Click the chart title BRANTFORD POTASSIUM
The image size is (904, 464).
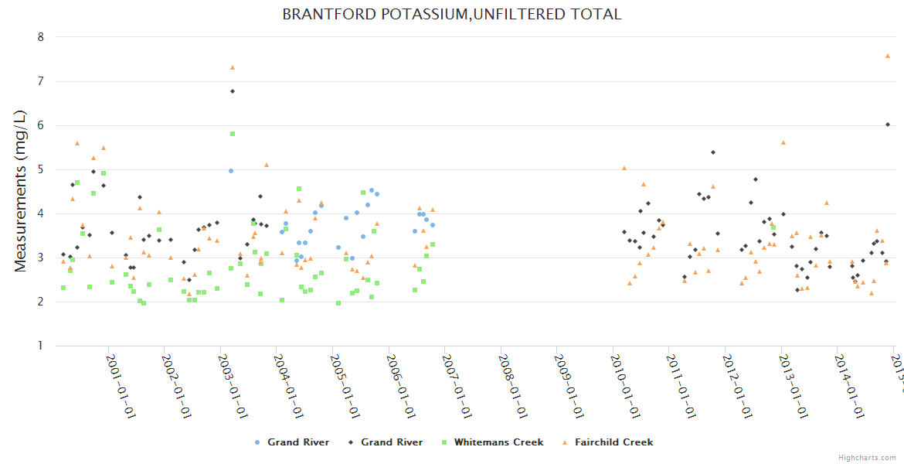pyautogui.click(x=451, y=14)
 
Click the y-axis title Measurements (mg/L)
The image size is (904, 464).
pyautogui.click(x=21, y=192)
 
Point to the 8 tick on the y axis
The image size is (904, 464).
pyautogui.click(x=41, y=37)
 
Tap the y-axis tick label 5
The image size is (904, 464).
pyautogui.click(x=41, y=169)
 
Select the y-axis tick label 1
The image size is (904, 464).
pyautogui.click(x=41, y=346)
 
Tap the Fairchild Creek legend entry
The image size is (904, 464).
pyautogui.click(x=610, y=442)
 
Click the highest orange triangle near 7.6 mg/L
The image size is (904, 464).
pyautogui.click(x=888, y=56)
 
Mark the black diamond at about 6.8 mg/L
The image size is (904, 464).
pyautogui.click(x=233, y=91)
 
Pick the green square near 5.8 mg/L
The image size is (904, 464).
pyautogui.click(x=233, y=134)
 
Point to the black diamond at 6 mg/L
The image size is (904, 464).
pyautogui.click(x=888, y=125)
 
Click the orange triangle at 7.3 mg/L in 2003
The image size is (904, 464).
pyautogui.click(x=233, y=67)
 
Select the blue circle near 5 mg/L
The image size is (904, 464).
pyautogui.click(x=231, y=171)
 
